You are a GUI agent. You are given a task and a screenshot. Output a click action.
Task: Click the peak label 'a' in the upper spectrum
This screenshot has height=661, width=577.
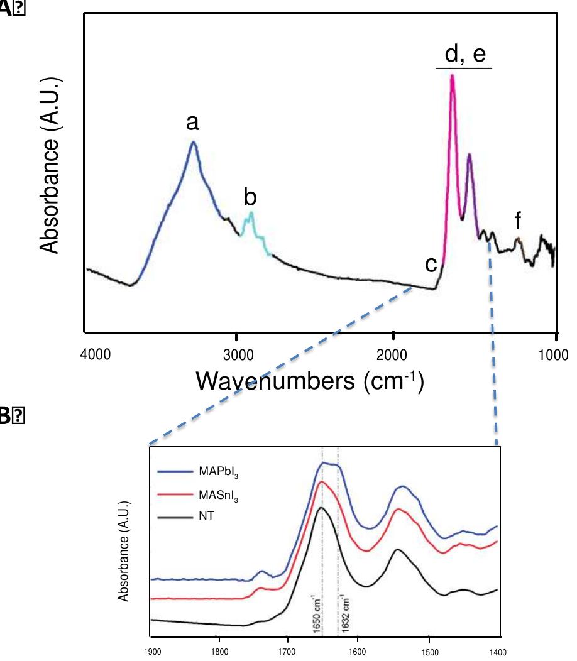(x=193, y=123)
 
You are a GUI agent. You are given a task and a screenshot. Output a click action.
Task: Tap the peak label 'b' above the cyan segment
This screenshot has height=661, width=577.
(x=250, y=197)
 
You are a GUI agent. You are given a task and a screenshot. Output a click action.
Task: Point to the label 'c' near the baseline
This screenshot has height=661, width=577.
(x=431, y=265)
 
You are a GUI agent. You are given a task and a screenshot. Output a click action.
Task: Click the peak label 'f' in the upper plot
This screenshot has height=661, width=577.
(x=517, y=221)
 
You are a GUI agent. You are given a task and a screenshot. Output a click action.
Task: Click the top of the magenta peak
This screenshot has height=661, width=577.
(x=452, y=76)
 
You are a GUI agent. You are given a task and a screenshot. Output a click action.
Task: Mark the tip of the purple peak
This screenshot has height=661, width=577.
(x=469, y=154)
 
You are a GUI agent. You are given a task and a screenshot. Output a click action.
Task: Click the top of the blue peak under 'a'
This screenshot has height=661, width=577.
(x=194, y=142)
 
